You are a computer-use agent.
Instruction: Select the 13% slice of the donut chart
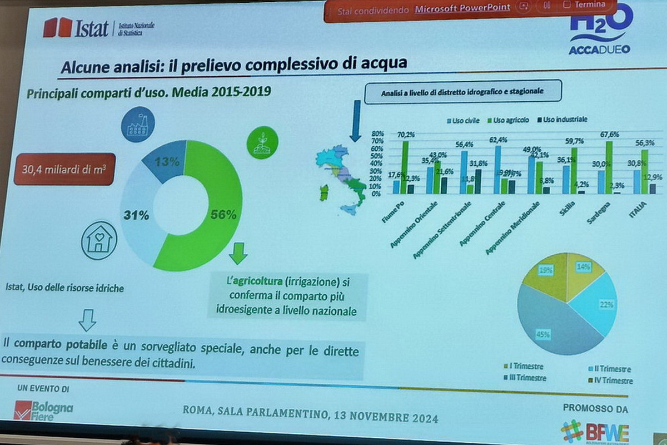pos(166,162)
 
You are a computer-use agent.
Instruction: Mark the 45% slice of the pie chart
pos(550,328)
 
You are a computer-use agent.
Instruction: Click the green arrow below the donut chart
pos(238,254)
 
